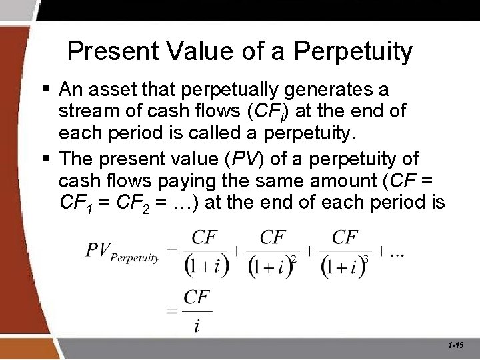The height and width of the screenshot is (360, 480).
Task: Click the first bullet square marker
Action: point(46,89)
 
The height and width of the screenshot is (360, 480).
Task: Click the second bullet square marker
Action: point(46,159)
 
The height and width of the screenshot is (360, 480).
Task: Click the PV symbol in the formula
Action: point(97,251)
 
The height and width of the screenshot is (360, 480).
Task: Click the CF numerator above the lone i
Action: point(197,297)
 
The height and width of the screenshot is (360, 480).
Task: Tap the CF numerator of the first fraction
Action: point(205,237)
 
